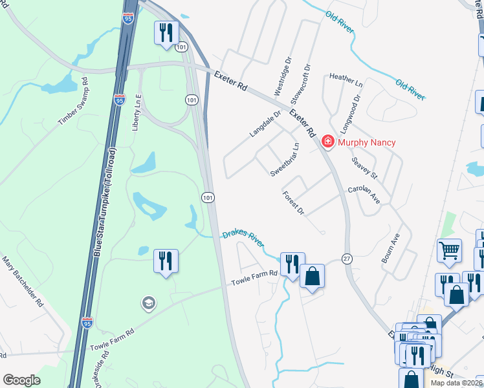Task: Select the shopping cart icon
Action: coord(449,249)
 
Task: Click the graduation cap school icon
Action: coord(149,303)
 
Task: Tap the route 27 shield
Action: coord(347,259)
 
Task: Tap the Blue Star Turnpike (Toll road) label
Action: coord(105,200)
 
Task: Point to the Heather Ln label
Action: coord(346,80)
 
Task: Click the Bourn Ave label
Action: coord(392,249)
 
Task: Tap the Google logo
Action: coord(22,380)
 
